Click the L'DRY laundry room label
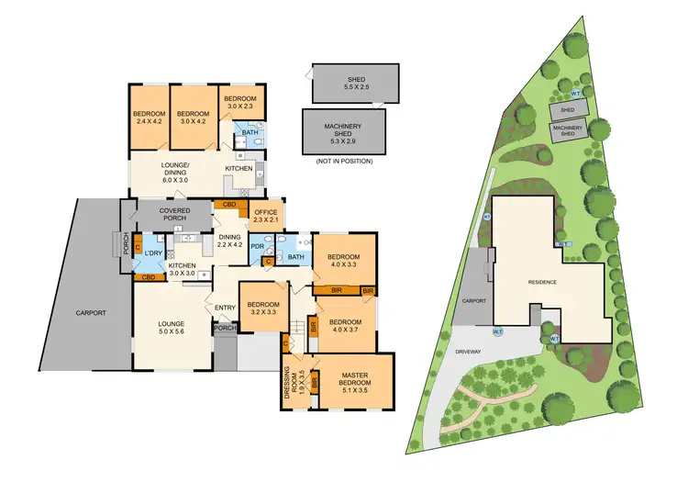click(154, 252)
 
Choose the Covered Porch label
click(174, 215)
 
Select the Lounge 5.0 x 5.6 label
click(171, 328)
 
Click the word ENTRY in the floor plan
click(225, 308)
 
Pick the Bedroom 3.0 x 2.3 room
click(239, 102)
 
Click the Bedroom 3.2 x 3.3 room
click(262, 308)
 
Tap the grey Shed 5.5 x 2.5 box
click(355, 83)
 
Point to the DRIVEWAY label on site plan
click(473, 352)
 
